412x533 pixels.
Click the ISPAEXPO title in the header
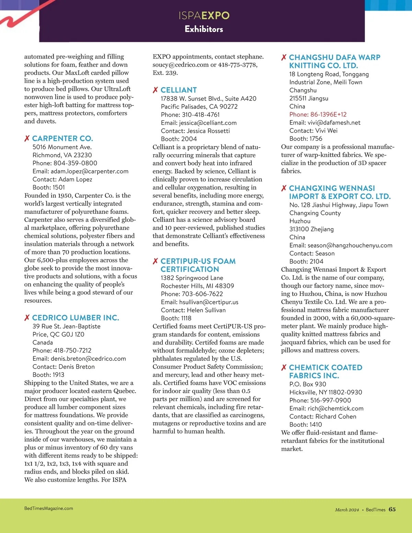[204, 15]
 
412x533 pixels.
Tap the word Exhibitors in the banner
[204, 29]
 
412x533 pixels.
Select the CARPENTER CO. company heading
[62, 139]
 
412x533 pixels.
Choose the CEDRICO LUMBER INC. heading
[76, 318]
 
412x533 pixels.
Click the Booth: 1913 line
[48, 375]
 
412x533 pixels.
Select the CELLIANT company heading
[179, 90]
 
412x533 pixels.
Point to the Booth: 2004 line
[179, 139]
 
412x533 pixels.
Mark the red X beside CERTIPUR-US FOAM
[156, 262]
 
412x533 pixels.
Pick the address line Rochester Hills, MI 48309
[197, 286]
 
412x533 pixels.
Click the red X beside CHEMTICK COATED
[284, 368]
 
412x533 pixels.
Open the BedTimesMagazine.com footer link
[49, 509]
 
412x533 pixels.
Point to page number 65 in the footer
[392, 510]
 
